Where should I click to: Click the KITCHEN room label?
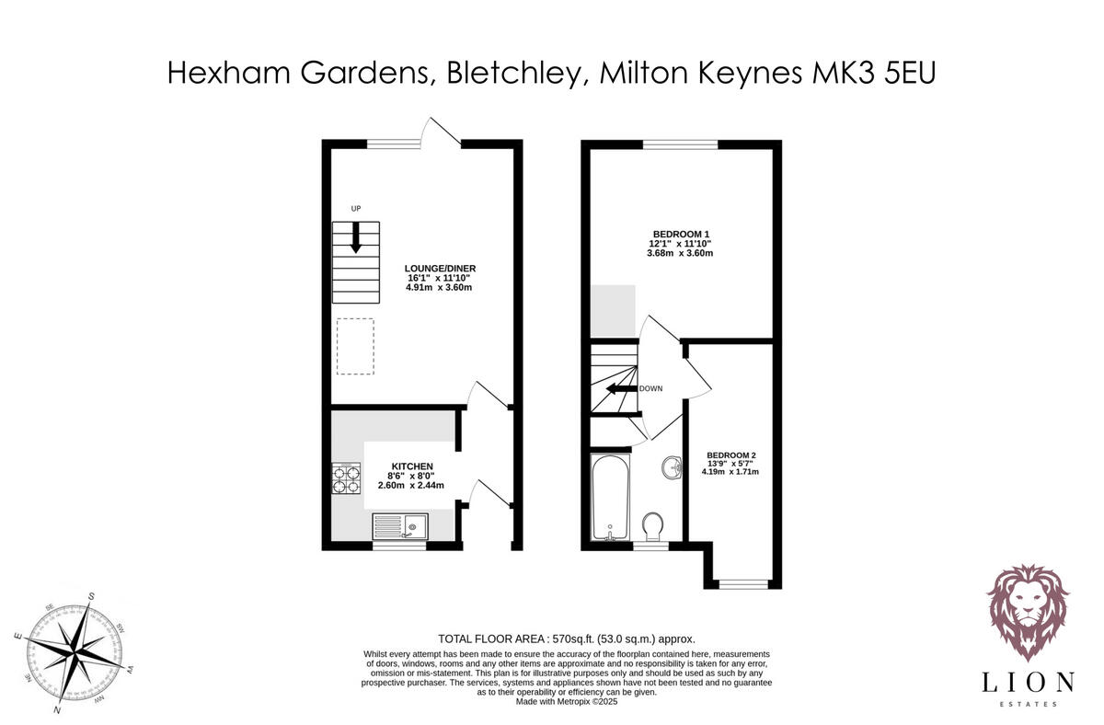(x=411, y=466)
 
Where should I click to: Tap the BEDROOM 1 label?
(x=682, y=234)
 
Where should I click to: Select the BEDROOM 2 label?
(x=731, y=455)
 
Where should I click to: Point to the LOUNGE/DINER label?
(x=441, y=269)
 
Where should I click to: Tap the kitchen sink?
(x=399, y=527)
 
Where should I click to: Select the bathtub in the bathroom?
(x=609, y=496)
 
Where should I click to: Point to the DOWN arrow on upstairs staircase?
(x=619, y=388)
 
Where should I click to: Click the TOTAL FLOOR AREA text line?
(x=566, y=639)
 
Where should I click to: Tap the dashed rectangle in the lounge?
(x=355, y=346)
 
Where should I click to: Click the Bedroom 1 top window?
(x=680, y=144)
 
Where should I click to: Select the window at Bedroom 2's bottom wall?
(x=742, y=583)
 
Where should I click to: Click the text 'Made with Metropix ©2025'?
(x=566, y=701)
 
